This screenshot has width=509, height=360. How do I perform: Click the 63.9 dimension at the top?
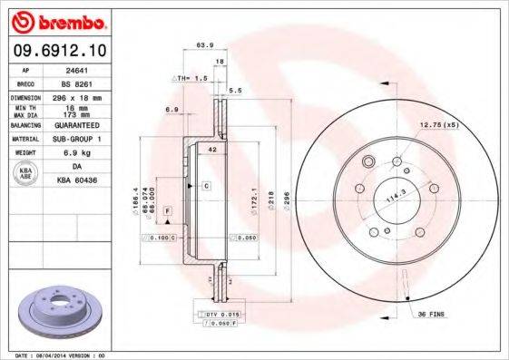click(x=205, y=44)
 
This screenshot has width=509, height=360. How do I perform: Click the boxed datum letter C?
click(x=206, y=185)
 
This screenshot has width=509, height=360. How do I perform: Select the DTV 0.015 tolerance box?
click(x=219, y=312)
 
